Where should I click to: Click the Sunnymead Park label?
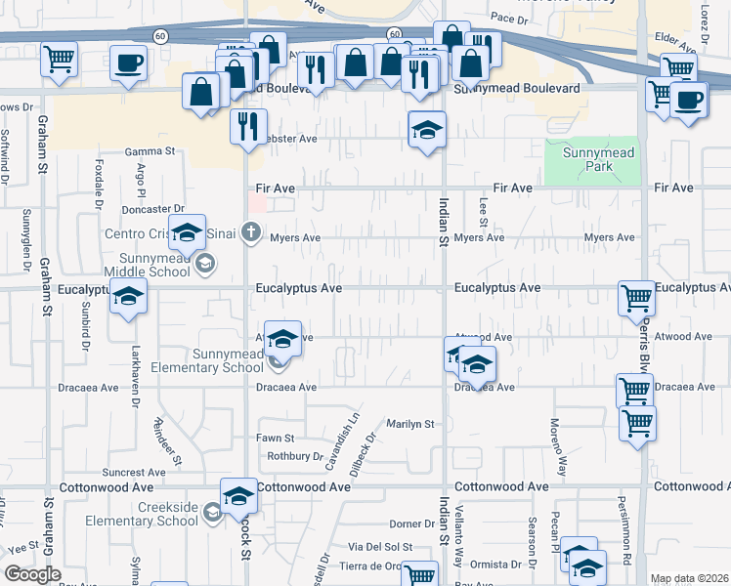coord(592,160)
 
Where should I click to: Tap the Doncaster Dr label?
coord(152,209)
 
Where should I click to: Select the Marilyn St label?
coord(409,424)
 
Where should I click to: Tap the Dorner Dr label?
coord(410,524)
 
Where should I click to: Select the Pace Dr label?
coord(509,18)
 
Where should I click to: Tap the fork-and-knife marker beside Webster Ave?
coord(248,125)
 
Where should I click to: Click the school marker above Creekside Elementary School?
coord(237,496)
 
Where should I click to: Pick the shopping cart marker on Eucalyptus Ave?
coord(636,297)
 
